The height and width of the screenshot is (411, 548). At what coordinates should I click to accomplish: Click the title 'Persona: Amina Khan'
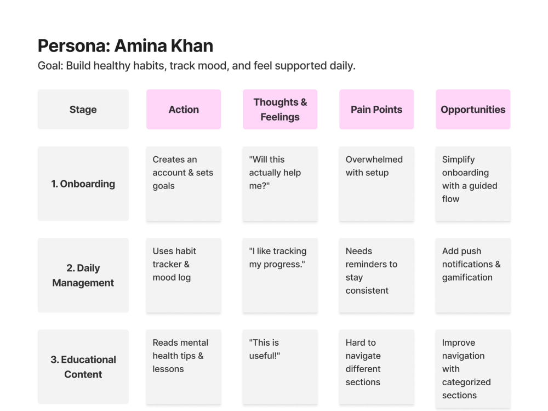pos(125,46)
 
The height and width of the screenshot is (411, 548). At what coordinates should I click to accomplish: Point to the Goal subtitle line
pos(196,66)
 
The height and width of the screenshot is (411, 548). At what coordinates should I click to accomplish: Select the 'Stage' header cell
pos(83,110)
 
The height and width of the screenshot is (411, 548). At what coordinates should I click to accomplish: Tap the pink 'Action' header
pos(184,110)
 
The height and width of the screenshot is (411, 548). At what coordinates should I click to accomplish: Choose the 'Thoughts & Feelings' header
pos(280,110)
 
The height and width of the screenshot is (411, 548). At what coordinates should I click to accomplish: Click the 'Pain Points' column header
pos(376,110)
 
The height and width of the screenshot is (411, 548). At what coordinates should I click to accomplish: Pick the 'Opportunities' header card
pos(473,110)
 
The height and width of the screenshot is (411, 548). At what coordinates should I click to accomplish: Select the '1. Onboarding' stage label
pos(83,184)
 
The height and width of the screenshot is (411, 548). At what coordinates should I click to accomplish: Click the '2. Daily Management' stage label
pos(83,276)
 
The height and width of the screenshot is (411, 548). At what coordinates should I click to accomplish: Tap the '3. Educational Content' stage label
pos(83,367)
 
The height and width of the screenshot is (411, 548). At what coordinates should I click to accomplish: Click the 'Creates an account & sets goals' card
pos(184,184)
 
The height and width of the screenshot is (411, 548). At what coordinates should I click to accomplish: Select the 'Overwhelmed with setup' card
pos(376,184)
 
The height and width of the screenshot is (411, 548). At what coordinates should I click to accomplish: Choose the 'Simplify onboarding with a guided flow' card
pos(473,184)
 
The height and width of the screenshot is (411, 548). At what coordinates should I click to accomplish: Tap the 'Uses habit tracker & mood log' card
pos(184,276)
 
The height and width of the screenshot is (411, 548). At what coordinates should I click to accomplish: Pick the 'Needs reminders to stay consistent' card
pos(376,276)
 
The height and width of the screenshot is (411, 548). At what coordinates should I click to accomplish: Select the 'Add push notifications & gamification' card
pos(473,276)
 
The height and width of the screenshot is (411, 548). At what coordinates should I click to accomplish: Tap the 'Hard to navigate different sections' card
pos(376,367)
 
